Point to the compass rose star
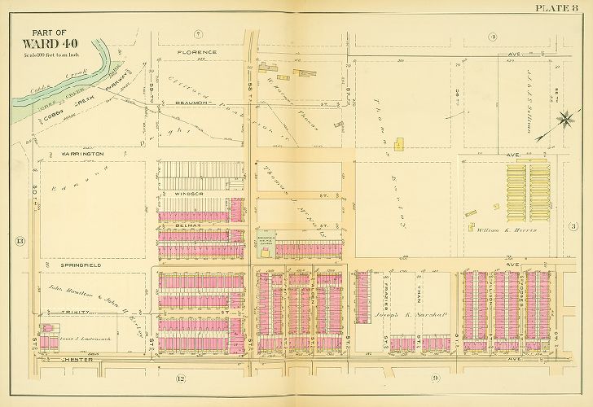click(x=561, y=120)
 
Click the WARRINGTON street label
click(x=80, y=153)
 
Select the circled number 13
click(x=20, y=240)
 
